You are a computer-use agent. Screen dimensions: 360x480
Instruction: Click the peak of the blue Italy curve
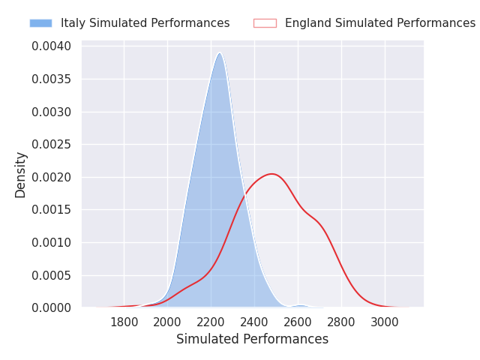[219, 53]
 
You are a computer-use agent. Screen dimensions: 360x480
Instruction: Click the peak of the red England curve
[272, 174]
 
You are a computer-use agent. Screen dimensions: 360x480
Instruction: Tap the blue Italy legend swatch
[40, 23]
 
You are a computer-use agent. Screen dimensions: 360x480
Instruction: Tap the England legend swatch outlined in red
[265, 23]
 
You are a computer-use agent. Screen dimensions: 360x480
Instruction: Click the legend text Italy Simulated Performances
[145, 23]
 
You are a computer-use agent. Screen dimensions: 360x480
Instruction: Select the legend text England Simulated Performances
[379, 23]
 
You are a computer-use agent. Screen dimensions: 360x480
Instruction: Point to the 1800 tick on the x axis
[124, 322]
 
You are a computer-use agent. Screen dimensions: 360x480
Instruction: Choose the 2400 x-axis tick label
[255, 322]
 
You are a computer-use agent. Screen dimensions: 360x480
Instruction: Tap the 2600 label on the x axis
[298, 322]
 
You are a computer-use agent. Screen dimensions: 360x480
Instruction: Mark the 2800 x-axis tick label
[342, 322]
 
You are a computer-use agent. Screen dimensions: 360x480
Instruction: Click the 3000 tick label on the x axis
[385, 322]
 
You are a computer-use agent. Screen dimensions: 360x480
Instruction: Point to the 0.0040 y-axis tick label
[52, 46]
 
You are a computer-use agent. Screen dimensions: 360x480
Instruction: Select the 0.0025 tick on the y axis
[52, 145]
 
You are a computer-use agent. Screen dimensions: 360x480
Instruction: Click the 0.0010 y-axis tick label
[52, 242]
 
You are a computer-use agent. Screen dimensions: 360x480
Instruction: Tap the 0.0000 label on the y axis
[52, 307]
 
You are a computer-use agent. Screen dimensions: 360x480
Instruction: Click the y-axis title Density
[21, 175]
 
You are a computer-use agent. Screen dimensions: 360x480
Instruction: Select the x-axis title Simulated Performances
[252, 340]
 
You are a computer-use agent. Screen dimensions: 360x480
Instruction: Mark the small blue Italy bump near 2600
[300, 305]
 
